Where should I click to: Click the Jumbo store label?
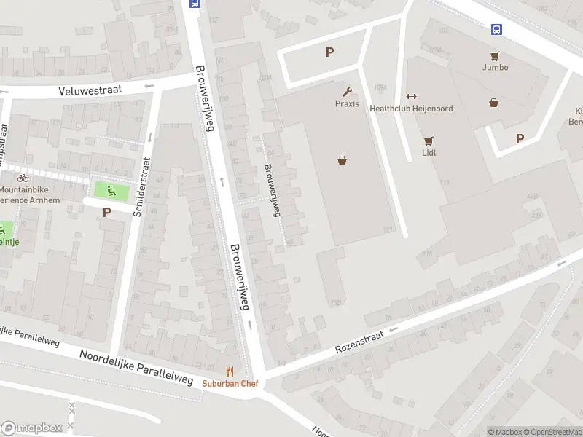tap(495, 67)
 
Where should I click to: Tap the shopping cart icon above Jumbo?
tap(495, 55)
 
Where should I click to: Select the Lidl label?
tap(429, 153)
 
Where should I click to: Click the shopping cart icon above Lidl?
tap(429, 141)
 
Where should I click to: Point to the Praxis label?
tap(347, 103)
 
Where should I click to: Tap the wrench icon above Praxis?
tap(348, 92)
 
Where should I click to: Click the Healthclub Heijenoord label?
tap(411, 109)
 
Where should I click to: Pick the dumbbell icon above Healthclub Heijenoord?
tap(411, 97)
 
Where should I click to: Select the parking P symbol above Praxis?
tap(329, 52)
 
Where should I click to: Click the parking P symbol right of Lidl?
tap(520, 138)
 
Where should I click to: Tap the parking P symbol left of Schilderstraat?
tap(106, 213)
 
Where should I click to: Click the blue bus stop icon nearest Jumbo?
tap(496, 29)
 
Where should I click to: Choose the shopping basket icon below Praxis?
tap(341, 160)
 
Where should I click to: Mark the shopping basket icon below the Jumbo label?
tap(495, 103)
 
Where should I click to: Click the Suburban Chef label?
tap(230, 383)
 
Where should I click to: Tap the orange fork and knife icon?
tap(230, 371)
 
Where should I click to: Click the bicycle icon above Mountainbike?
tap(23, 178)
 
